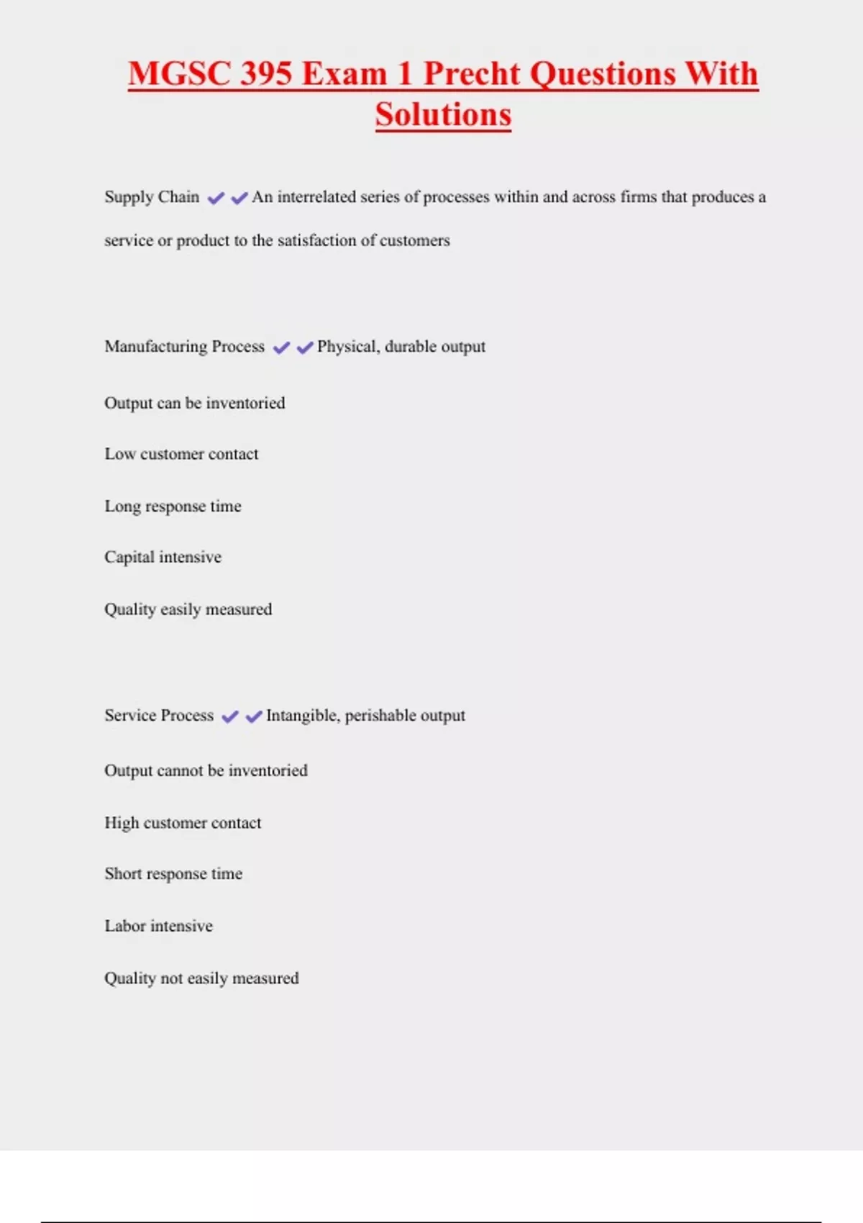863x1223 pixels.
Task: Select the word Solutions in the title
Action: (x=443, y=115)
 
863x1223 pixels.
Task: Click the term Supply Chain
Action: (x=152, y=197)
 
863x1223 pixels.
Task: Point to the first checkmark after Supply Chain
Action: (x=216, y=198)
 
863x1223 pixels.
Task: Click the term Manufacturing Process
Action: (x=184, y=347)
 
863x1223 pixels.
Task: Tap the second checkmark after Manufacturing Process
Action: (x=305, y=347)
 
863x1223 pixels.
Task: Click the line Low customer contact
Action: (x=181, y=454)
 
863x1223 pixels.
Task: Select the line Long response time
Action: (x=173, y=506)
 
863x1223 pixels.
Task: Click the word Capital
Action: (x=129, y=558)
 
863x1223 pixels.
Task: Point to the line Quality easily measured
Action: (x=188, y=609)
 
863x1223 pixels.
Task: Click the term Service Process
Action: (x=159, y=715)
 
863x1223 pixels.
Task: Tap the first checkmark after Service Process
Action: (x=230, y=717)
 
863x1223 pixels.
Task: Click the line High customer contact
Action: (x=183, y=823)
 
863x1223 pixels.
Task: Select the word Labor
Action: (x=125, y=926)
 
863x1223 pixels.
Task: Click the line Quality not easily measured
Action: (x=201, y=978)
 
